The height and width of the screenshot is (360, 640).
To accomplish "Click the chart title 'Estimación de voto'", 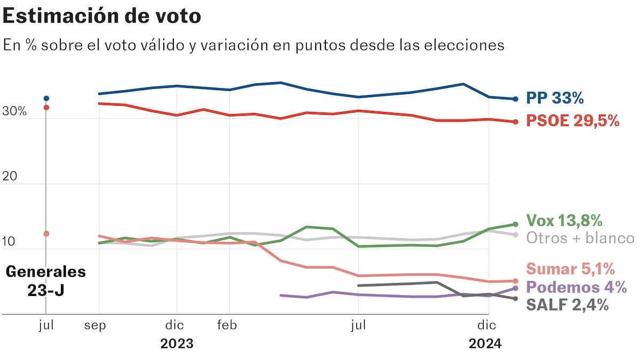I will [102, 16].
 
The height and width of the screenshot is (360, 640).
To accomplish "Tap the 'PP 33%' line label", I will [555, 98].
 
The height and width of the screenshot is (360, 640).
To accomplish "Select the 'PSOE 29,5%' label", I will [573, 121].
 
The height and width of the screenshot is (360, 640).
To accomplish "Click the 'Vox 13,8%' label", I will [564, 220].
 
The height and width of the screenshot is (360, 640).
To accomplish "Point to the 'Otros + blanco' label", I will [580, 238].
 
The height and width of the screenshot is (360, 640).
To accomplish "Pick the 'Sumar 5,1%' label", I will [570, 269].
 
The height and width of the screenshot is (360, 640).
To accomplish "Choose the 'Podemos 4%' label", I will [576, 287].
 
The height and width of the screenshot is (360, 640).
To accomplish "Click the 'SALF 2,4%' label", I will [567, 305].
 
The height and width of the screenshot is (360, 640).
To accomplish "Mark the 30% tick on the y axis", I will [14, 112].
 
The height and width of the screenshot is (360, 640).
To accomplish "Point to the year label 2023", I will [177, 344].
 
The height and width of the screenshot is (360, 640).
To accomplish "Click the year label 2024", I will [485, 344].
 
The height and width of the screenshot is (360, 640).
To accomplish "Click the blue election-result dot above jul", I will [46, 99].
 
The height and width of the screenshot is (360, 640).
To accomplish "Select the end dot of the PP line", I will [515, 99].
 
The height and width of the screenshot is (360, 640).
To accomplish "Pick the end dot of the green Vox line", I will [515, 224].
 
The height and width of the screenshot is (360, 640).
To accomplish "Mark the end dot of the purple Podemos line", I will [515, 289].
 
